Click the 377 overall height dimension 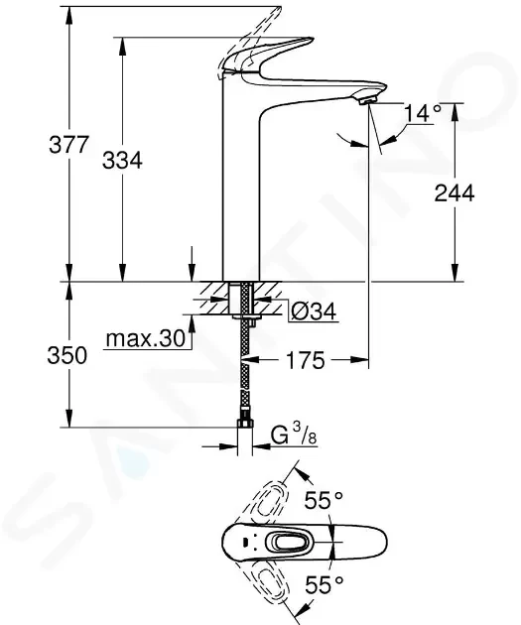(x=68, y=144)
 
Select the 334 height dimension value (x=122, y=161)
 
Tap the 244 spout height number (x=455, y=193)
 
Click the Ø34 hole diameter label (x=314, y=312)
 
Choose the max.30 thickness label (x=146, y=339)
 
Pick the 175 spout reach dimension (x=306, y=361)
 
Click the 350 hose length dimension (x=66, y=355)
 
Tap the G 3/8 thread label (x=294, y=435)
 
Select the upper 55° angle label (x=324, y=501)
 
